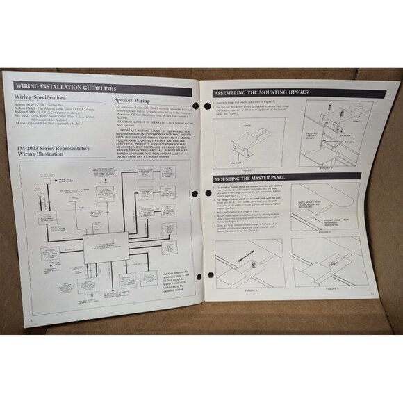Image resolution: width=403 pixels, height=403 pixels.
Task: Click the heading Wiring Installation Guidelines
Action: point(65,89)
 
